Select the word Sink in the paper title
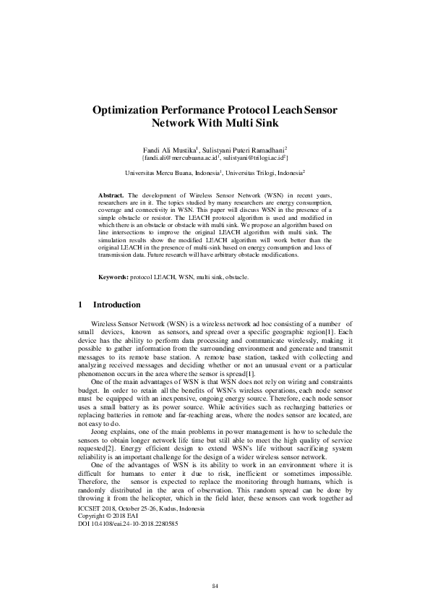254,123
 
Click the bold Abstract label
111,196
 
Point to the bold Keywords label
114,277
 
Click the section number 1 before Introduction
78,304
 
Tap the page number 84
215,585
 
